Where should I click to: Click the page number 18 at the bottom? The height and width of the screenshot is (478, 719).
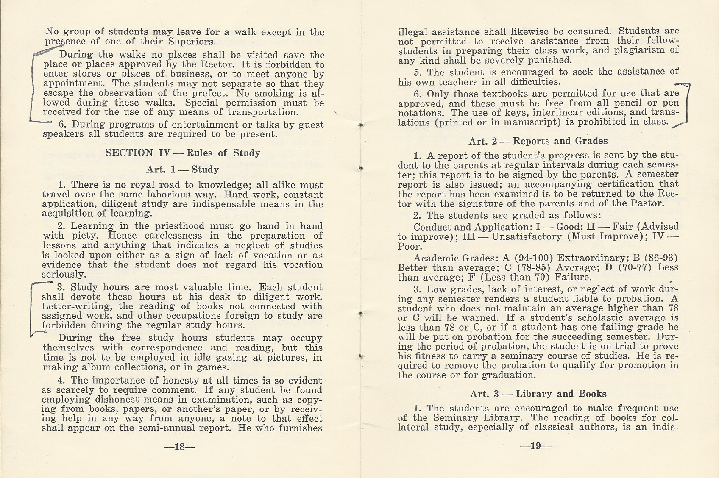[x=182, y=447]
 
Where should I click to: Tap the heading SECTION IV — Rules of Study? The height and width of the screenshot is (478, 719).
[x=182, y=153]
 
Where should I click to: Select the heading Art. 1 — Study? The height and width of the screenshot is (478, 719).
[x=182, y=170]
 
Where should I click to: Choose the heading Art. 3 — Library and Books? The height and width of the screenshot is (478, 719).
[x=538, y=393]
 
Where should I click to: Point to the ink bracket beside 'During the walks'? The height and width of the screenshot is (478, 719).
[x=35, y=85]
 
